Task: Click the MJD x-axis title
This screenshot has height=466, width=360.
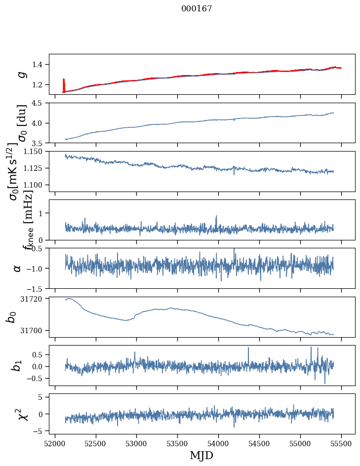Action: click(201, 455)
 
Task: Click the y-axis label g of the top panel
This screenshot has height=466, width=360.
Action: click(21, 74)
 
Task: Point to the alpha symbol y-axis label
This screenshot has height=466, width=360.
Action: click(17, 268)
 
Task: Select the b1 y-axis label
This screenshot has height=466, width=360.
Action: click(17, 365)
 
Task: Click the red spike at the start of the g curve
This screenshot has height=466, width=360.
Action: click(64, 84)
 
